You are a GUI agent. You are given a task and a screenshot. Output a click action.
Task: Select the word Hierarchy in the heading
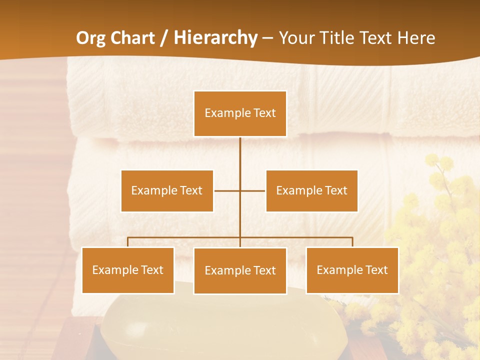(x=215, y=38)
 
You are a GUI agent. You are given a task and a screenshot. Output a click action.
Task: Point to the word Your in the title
(x=295, y=38)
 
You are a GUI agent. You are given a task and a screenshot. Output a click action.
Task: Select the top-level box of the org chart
(x=240, y=113)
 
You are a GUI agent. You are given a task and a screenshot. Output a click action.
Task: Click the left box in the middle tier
(x=167, y=190)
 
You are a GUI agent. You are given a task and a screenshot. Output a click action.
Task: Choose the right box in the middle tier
(x=311, y=190)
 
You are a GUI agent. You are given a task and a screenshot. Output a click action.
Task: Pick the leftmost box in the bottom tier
(x=127, y=270)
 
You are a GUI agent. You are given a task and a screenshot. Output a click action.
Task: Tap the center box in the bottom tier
(x=240, y=270)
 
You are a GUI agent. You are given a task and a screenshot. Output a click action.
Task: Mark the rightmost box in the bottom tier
(x=352, y=270)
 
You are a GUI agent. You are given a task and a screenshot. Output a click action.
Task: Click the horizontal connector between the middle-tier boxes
(x=227, y=190)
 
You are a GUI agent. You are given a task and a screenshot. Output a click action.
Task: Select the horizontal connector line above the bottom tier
(x=185, y=237)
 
